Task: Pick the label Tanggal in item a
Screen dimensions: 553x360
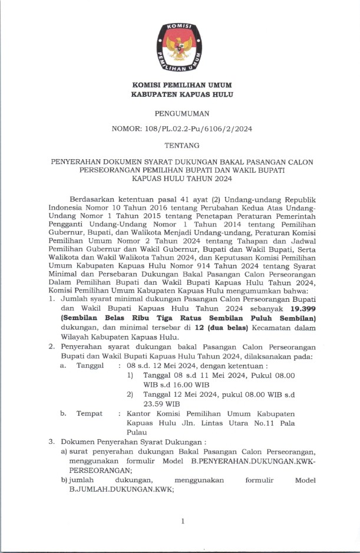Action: (89, 366)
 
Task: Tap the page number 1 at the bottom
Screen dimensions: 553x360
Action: (183, 521)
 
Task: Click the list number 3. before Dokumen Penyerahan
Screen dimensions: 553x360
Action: (51, 441)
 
